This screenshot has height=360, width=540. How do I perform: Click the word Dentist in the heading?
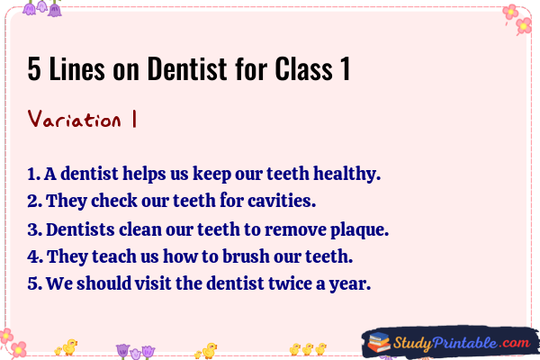pos(188,68)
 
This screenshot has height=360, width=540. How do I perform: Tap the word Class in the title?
pos(304,68)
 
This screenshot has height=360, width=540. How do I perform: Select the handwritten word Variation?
pos(75,119)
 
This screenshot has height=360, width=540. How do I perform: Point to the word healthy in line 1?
pos(346,174)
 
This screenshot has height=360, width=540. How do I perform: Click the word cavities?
pos(282,200)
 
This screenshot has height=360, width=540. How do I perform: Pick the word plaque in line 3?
pos(359,230)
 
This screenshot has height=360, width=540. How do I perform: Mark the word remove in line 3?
pos(295,229)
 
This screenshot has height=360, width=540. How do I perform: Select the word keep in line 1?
pos(211,174)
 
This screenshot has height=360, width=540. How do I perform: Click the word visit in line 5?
pos(153,283)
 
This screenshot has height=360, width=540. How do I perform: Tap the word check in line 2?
pos(114,200)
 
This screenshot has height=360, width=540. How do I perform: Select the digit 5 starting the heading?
pos(34,69)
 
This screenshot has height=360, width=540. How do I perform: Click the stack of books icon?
pos(379,342)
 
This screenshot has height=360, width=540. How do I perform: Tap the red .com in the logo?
pos(514,342)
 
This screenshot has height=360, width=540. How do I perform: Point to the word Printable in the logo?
pos(464,343)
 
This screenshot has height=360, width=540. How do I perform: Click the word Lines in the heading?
pos(76,68)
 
